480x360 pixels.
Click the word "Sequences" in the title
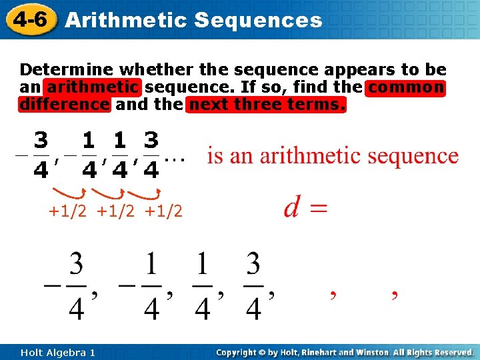pos(258,20)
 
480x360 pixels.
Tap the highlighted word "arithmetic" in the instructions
pos(93,87)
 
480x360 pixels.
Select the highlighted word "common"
pos(405,87)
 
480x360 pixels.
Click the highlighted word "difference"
pos(65,105)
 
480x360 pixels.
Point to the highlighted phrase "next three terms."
pos(267,105)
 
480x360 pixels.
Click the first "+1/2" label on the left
pos(67,212)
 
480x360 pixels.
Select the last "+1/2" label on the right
pos(163,212)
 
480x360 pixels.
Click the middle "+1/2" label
pos(115,212)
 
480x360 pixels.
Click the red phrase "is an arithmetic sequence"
pos(333,156)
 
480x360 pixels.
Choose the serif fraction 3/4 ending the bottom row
pos(253,286)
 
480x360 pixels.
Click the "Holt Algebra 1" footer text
pos(57,352)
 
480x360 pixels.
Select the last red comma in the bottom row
pos(395,295)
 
